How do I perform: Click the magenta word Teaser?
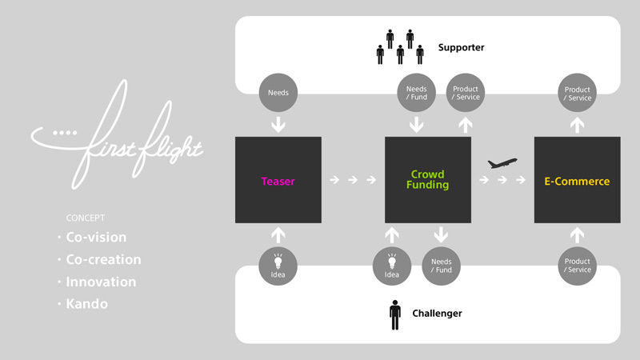click(278, 181)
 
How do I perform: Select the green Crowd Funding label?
click(428, 179)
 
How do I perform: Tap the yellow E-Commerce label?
click(577, 181)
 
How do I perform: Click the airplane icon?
click(502, 163)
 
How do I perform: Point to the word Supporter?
click(461, 48)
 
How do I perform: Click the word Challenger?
click(436, 313)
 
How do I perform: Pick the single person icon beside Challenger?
click(394, 313)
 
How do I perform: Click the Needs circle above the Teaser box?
click(278, 93)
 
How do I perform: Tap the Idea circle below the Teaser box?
click(278, 266)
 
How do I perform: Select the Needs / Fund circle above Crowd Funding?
click(416, 93)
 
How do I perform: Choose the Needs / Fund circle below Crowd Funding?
click(441, 266)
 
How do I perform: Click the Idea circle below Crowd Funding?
click(392, 266)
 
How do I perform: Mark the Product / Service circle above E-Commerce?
click(577, 93)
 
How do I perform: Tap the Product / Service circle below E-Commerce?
click(577, 266)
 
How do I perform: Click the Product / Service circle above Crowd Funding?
click(465, 93)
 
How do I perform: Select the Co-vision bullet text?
click(96, 238)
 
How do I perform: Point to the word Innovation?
click(101, 282)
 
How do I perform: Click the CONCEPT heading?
click(86, 218)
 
